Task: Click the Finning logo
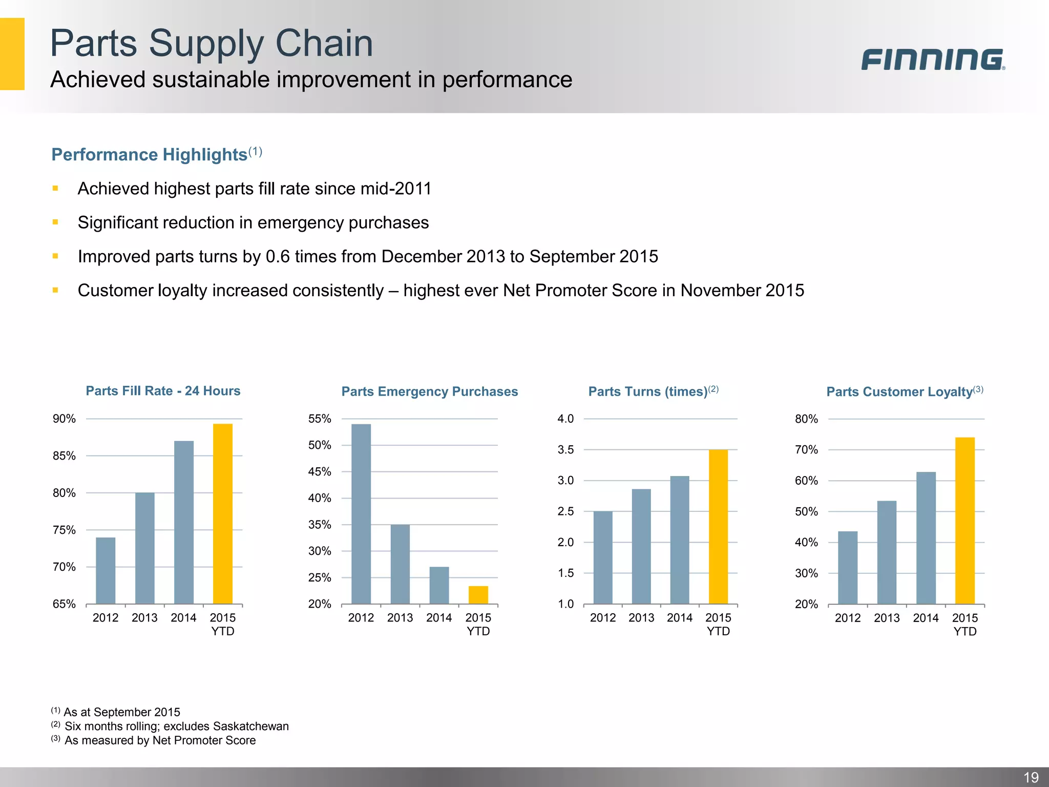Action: click(x=932, y=59)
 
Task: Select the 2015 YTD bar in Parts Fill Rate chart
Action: click(x=223, y=513)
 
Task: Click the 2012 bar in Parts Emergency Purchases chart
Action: click(x=361, y=513)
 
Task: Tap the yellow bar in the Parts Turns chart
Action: click(x=718, y=527)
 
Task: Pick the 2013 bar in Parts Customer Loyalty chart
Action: click(x=887, y=552)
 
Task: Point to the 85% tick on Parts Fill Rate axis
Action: click(x=64, y=456)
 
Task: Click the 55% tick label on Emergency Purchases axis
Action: click(x=320, y=419)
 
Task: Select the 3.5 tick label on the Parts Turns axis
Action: click(x=565, y=450)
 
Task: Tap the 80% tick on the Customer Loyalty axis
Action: click(x=806, y=419)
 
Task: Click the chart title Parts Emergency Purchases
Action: click(x=430, y=391)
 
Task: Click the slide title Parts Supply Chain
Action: click(x=212, y=43)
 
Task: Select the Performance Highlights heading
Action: click(x=150, y=154)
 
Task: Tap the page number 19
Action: click(x=1031, y=777)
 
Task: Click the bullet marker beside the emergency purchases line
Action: click(x=55, y=222)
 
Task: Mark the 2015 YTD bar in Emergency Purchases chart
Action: click(x=478, y=595)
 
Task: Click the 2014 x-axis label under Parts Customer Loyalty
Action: click(x=926, y=618)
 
